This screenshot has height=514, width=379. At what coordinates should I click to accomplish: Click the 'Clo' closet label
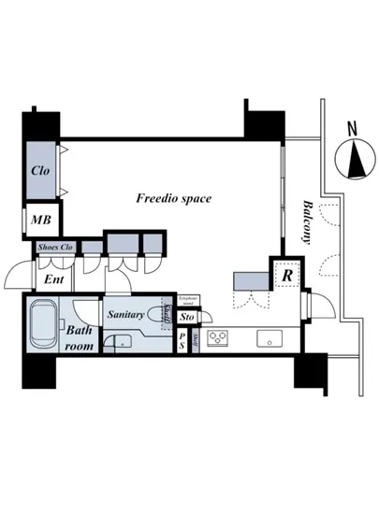pyautogui.click(x=40, y=171)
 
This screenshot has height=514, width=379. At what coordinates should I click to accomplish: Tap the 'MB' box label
pyautogui.click(x=40, y=221)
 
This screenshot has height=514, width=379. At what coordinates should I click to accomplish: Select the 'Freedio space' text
pyautogui.click(x=173, y=198)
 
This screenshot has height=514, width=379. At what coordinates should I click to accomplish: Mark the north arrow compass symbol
pyautogui.click(x=356, y=160)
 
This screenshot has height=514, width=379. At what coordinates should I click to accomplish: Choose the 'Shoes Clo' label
pyautogui.click(x=54, y=248)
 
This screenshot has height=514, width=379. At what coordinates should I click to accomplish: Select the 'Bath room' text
pyautogui.click(x=79, y=337)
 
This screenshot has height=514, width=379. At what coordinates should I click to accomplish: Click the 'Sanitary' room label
pyautogui.click(x=124, y=316)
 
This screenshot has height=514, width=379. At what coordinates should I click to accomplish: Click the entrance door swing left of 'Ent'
pyautogui.click(x=19, y=276)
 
